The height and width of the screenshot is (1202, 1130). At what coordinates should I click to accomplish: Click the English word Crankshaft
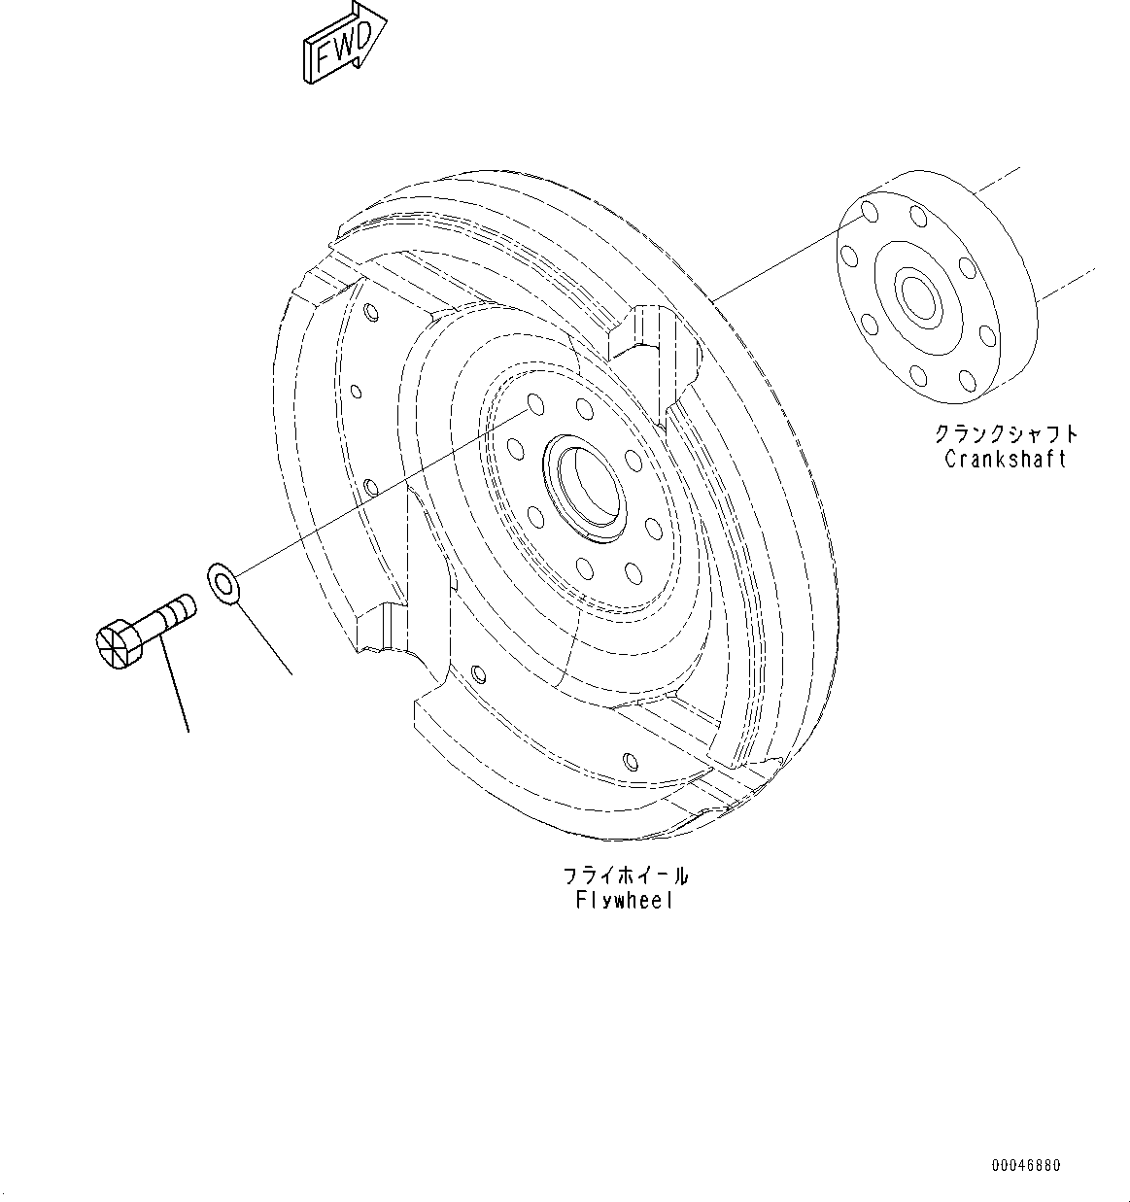[1005, 459]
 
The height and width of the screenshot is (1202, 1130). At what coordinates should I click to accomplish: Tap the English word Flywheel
[624, 901]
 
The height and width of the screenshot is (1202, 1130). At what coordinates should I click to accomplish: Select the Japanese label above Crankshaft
[1006, 433]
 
